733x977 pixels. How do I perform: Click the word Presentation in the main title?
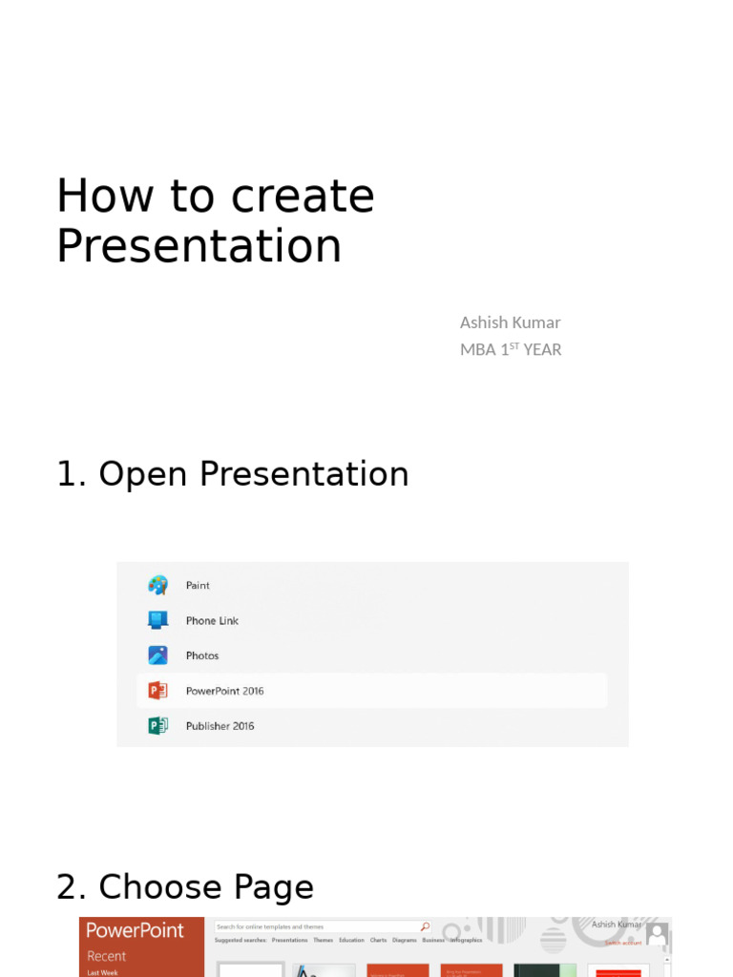(199, 245)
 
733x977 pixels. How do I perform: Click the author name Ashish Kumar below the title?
(510, 322)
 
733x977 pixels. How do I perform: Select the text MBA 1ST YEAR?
(510, 349)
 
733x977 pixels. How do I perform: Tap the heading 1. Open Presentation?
(232, 474)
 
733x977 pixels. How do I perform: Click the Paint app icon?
(158, 585)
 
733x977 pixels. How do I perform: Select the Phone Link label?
(212, 620)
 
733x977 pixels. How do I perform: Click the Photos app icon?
(158, 655)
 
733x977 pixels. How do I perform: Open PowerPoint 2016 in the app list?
(224, 691)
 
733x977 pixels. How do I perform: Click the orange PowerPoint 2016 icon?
(158, 691)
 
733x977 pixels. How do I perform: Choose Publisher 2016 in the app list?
(220, 726)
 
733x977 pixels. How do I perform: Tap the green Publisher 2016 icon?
(158, 726)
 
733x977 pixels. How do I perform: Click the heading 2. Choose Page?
(184, 887)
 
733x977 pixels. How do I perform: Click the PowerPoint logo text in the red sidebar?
(135, 930)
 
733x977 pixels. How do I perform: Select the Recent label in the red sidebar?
(106, 956)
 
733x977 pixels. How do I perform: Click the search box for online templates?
(315, 926)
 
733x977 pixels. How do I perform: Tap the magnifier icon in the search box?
(425, 926)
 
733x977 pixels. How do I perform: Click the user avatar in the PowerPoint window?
(657, 933)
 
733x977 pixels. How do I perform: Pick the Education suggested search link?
(351, 941)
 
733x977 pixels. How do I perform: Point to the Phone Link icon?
(158, 620)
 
